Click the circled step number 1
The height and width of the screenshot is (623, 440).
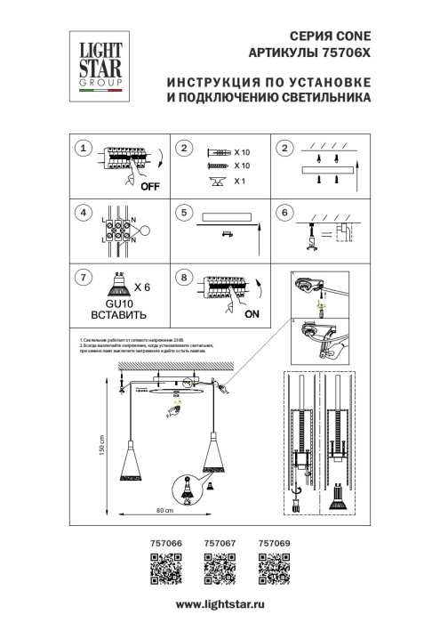84,149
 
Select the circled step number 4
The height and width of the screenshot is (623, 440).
84,214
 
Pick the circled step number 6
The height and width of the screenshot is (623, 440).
284,214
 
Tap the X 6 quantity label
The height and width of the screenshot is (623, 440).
143,287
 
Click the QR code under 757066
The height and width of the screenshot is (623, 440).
165,567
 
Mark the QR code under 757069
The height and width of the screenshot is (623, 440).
272,567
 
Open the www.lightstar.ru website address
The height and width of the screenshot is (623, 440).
220,605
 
